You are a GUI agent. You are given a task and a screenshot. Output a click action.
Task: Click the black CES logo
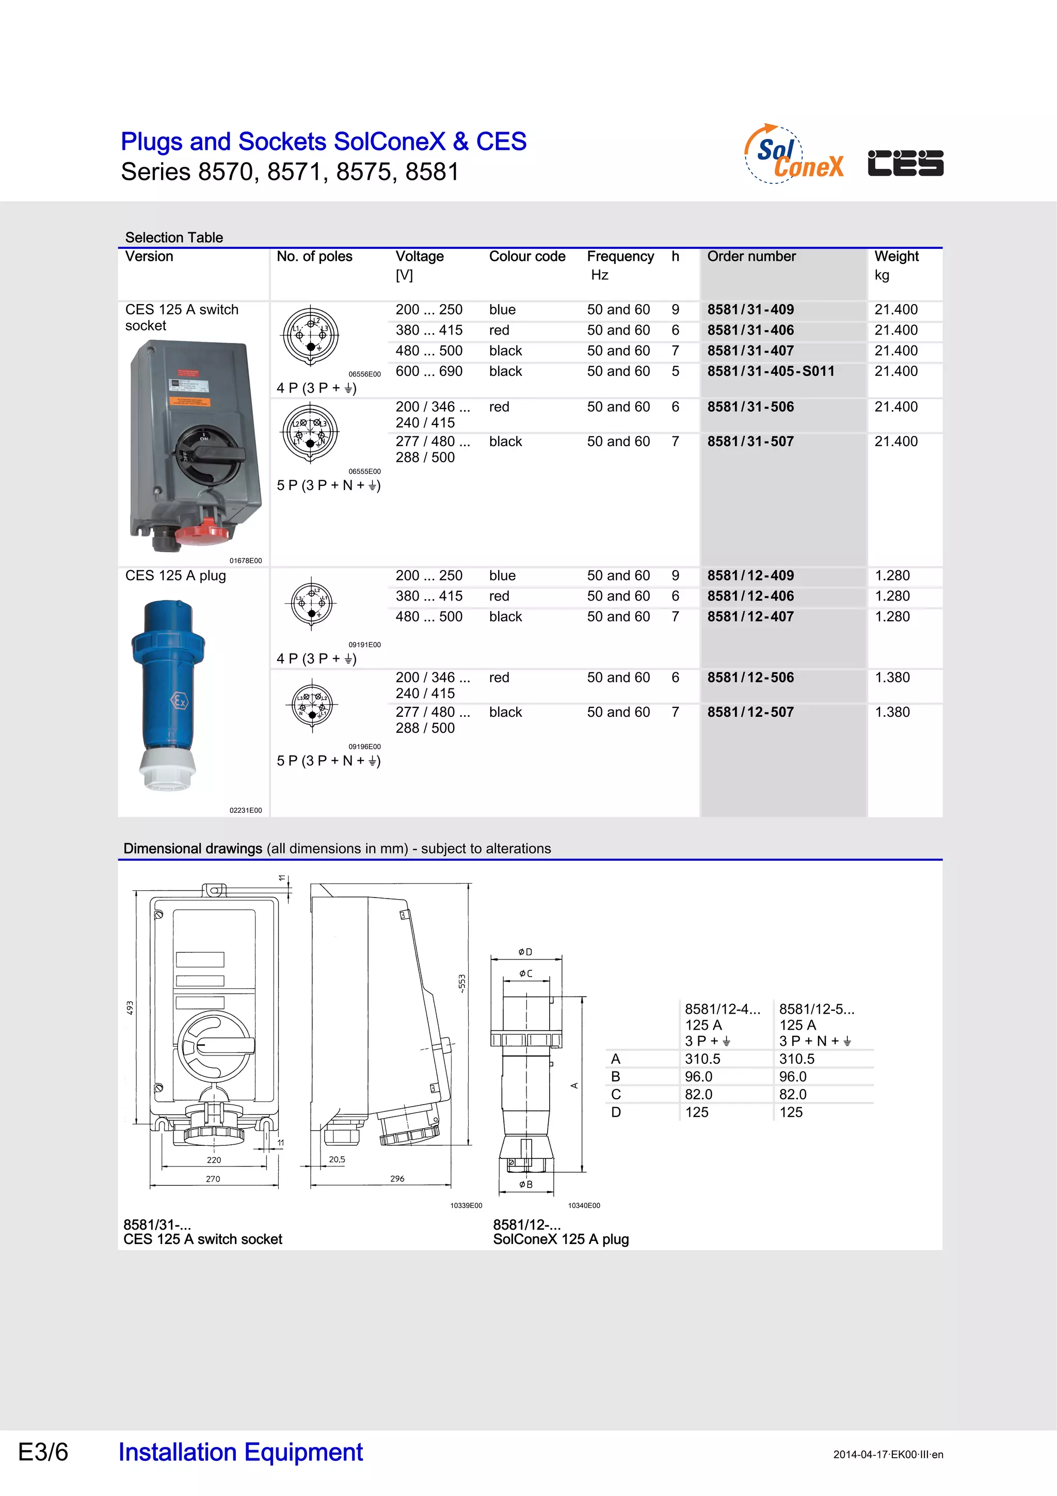pos(905,163)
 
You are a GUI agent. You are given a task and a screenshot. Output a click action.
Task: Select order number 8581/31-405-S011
pos(771,371)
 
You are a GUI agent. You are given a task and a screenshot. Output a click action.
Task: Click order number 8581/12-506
pos(750,678)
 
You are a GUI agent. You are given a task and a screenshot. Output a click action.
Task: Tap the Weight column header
pos(896,257)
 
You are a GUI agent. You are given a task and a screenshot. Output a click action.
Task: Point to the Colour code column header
pos(527,257)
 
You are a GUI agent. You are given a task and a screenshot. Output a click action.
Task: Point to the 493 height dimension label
pos(130,1007)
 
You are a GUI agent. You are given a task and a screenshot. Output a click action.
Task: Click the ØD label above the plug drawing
pos(525,952)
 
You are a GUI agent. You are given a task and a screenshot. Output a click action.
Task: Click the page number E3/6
pos(43,1452)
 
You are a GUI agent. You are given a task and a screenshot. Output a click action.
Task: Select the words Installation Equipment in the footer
pos(241,1452)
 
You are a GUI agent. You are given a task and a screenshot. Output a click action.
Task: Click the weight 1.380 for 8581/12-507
pos(892,712)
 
